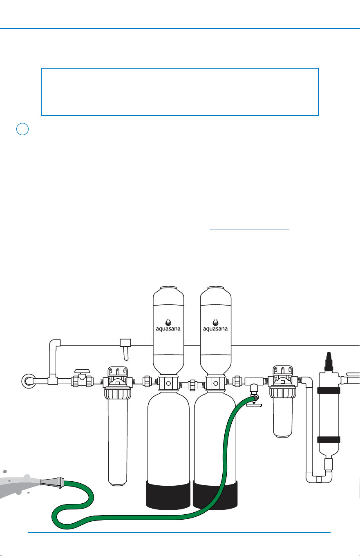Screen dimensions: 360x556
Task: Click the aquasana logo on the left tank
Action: tap(168, 325)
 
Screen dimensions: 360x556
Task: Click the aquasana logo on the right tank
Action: tap(215, 325)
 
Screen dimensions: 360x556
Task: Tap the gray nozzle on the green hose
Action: tap(52, 482)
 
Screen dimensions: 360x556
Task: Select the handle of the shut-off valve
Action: tap(82, 371)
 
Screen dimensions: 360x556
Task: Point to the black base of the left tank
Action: tap(168, 495)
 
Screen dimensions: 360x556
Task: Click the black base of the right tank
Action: tap(215, 495)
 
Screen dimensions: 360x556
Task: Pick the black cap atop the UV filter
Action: tap(329, 362)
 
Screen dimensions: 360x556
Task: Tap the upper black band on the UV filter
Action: tap(329, 391)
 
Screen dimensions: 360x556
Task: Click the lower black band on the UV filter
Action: tap(329, 440)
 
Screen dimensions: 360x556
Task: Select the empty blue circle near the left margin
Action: tap(22, 129)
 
